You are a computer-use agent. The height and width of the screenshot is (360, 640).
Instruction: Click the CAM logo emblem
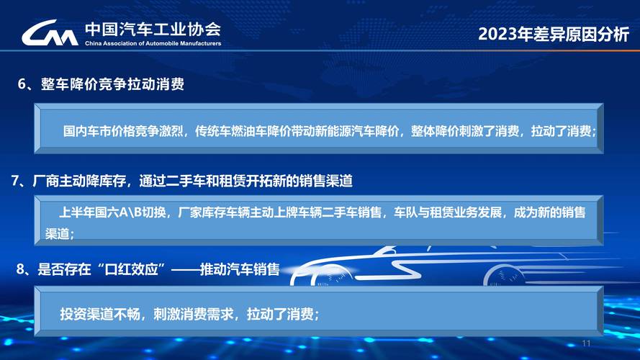tap(50, 34)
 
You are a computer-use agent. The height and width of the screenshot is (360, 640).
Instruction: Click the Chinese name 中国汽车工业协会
tap(153, 29)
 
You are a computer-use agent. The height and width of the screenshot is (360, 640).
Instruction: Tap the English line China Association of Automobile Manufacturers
tap(153, 44)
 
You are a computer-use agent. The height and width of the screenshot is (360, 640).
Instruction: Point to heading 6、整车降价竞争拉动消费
tap(101, 84)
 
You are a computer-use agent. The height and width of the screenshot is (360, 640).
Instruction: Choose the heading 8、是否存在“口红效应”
tap(148, 270)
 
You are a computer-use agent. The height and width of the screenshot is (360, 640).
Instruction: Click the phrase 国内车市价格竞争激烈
tap(123, 132)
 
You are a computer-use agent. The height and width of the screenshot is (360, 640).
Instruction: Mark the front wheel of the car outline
tap(504, 275)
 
